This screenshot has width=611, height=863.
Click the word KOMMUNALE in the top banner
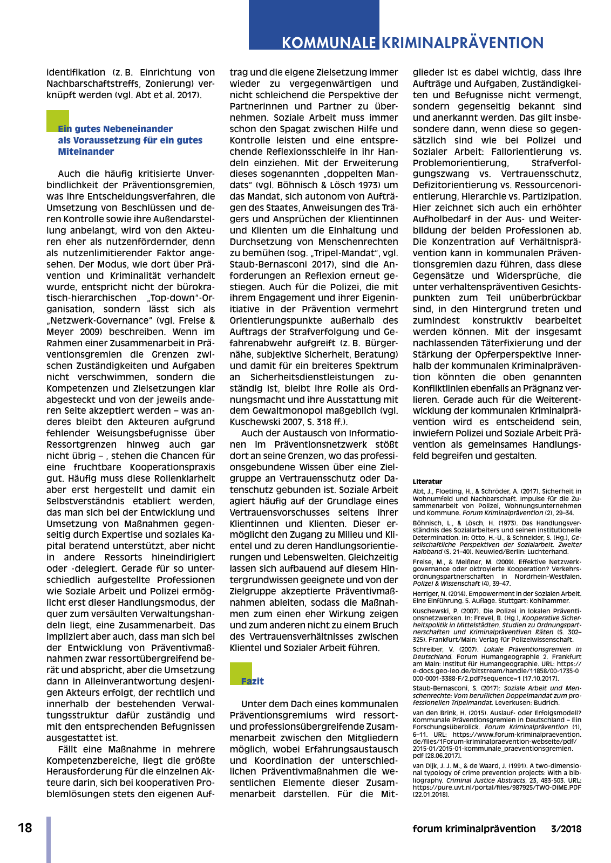pyautogui.click(x=329, y=43)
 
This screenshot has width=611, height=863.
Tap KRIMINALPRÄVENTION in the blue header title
pyautogui.click(x=463, y=43)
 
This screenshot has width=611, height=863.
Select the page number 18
pyautogui.click(x=25, y=828)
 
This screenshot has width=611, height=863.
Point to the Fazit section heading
pyautogui.click(x=253, y=681)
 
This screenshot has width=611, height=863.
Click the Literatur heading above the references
pyautogui.click(x=427, y=481)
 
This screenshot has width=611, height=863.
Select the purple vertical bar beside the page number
pyautogui.click(x=49, y=839)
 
